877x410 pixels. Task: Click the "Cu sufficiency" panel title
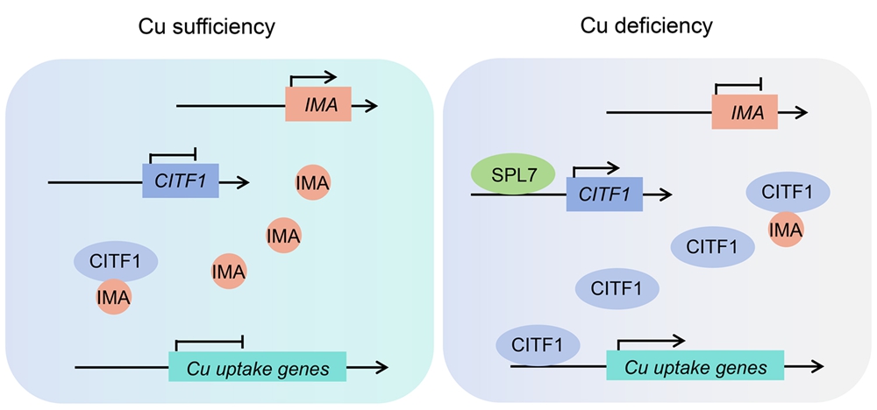pos(207,26)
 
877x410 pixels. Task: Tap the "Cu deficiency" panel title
pos(646,26)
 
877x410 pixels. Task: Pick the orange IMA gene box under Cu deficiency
pos(744,111)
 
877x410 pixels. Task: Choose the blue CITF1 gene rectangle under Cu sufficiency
pos(180,181)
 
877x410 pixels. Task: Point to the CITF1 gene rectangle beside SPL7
pos(605,194)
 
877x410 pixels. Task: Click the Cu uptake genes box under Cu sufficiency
pos(257,366)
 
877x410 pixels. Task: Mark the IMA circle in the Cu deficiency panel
pos(785,230)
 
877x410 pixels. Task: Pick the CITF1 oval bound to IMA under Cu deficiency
pos(788,191)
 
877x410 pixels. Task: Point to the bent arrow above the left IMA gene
pos(313,76)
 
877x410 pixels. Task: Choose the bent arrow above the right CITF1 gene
pos(595,166)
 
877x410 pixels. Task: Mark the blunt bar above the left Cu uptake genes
pos(209,337)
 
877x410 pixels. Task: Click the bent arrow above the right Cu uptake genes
pos(650,338)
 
